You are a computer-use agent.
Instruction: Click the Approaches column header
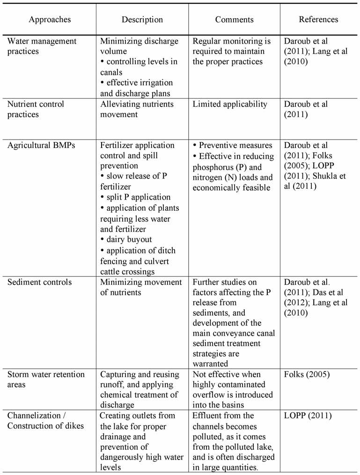point(50,20)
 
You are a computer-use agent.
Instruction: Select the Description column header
point(142,20)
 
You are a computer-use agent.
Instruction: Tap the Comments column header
point(234,20)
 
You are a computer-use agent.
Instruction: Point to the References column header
point(318,20)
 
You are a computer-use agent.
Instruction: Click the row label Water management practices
point(42,46)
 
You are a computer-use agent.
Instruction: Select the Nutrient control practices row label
point(36,109)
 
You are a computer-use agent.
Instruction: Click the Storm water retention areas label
point(45,379)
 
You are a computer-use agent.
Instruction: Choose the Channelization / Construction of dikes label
point(45,420)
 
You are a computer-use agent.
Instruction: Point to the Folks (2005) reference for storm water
point(305,375)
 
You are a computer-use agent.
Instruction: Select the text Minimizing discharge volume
point(139,46)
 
